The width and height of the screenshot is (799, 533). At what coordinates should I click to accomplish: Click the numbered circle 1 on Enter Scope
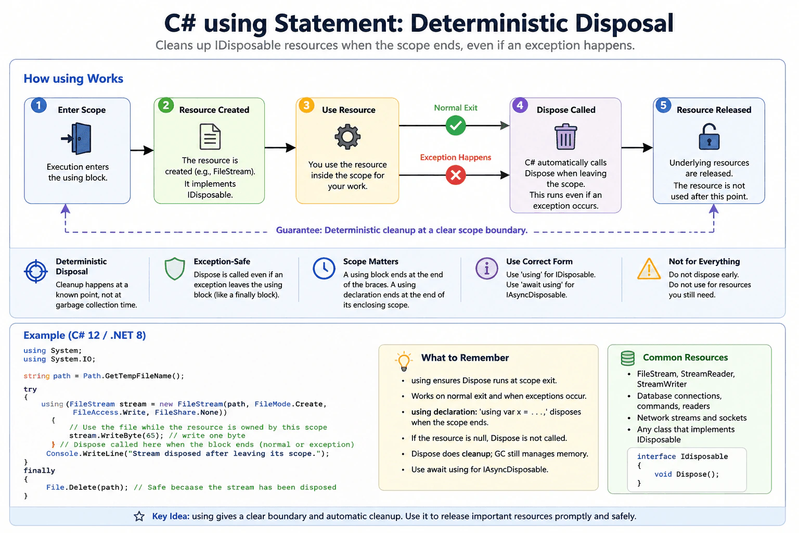[39, 105]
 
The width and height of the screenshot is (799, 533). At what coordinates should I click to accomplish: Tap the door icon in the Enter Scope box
[76, 138]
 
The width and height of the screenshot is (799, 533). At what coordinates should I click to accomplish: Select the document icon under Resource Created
[210, 136]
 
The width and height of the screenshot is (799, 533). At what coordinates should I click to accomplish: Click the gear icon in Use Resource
[347, 137]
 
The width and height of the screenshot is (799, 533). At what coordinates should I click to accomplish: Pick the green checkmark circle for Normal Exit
[456, 125]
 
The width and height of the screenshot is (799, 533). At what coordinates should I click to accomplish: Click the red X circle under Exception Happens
[456, 175]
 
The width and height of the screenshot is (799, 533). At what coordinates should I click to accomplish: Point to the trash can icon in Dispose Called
[566, 136]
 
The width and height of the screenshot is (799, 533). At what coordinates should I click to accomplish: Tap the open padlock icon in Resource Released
[709, 136]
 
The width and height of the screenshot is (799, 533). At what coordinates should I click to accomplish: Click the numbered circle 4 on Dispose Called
[520, 105]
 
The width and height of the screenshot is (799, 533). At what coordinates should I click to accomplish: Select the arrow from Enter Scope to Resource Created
[142, 150]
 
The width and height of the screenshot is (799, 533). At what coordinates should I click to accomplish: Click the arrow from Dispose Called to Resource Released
[637, 147]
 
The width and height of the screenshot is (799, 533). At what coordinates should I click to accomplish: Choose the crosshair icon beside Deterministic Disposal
[36, 271]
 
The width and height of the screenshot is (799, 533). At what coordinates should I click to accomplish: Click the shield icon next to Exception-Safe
[175, 269]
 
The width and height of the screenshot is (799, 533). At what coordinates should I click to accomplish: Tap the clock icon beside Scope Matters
[324, 268]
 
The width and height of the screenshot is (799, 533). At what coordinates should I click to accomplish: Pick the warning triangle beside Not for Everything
[649, 269]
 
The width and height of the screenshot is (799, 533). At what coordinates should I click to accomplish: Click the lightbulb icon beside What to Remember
[404, 361]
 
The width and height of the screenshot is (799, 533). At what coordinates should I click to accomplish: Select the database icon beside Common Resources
[627, 358]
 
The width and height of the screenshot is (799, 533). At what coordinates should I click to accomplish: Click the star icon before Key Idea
[139, 516]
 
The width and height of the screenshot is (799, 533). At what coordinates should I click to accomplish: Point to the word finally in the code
[39, 471]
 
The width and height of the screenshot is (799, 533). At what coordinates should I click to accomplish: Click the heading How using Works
[73, 79]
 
